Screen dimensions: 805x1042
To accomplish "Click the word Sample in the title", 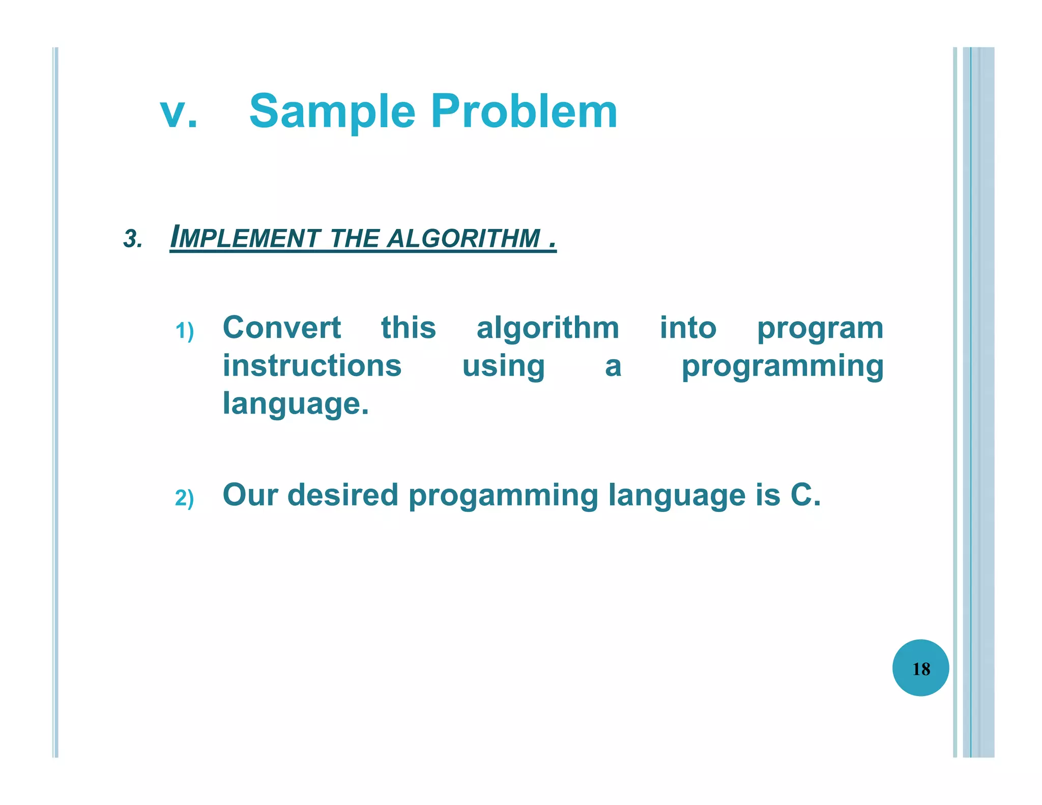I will [x=332, y=113].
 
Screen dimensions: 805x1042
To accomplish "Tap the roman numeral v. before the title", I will [x=179, y=113].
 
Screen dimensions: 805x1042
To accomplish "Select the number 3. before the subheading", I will [x=133, y=239].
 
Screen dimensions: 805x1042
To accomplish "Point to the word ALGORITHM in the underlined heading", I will [x=464, y=238].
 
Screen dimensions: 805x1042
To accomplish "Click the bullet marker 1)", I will [x=184, y=331].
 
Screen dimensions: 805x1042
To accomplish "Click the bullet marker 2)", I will [x=184, y=498].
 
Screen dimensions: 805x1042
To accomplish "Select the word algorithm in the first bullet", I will [x=547, y=328].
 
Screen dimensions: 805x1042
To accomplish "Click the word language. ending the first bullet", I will [x=296, y=404].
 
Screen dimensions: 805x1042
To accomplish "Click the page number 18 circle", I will [x=920, y=668].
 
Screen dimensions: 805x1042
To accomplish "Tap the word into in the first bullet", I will [x=688, y=328].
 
